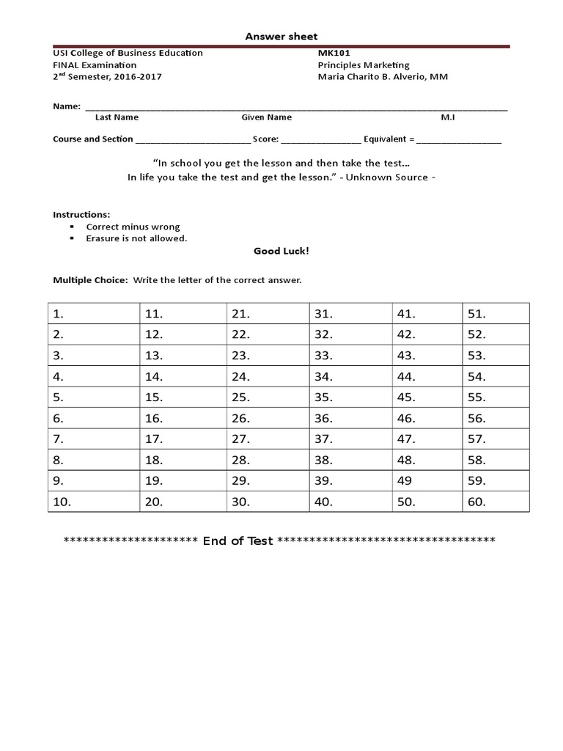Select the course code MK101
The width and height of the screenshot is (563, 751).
[331, 53]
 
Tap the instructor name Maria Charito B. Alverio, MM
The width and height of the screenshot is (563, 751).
[382, 76]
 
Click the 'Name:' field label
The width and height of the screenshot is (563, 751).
[67, 106]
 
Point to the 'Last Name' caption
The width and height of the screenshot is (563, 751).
[117, 117]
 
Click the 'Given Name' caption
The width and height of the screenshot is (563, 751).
[267, 117]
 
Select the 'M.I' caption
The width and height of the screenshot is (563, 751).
[448, 117]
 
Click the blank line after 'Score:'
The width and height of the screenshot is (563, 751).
[321, 139]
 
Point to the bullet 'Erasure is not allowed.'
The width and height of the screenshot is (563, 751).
[136, 238]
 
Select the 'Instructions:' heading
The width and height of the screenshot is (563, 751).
[81, 214]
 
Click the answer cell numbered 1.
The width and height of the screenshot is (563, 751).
[93, 313]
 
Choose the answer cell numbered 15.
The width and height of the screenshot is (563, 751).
[182, 398]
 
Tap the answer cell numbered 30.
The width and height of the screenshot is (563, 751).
[268, 502]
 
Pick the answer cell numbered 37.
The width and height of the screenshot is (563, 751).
[350, 439]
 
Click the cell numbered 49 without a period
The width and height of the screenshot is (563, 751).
[427, 481]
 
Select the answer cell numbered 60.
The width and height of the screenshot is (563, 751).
[496, 502]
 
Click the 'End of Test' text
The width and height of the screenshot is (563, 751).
[238, 541]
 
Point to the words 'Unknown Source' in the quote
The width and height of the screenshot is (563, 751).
[388, 177]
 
